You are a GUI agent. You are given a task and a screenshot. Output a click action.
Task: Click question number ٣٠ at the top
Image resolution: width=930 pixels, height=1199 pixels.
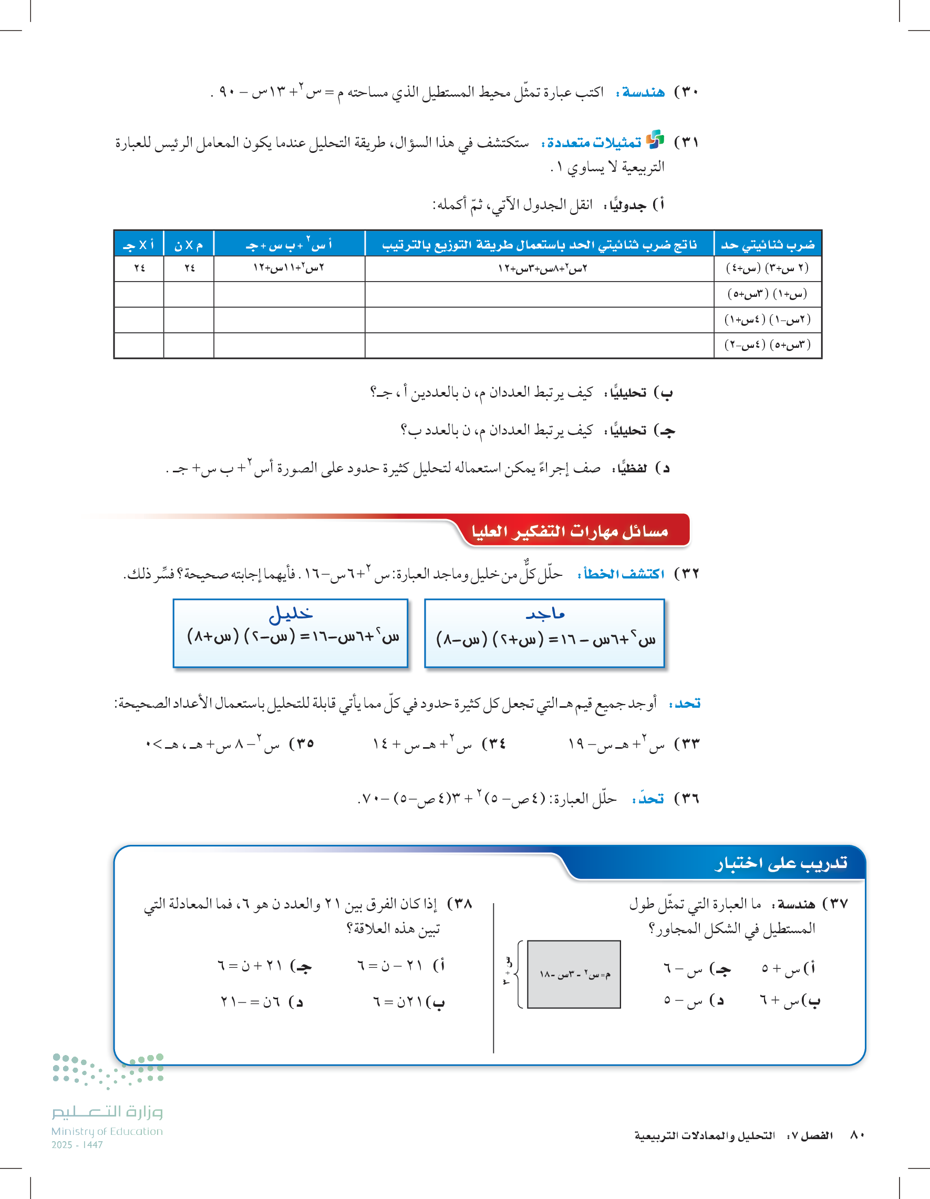click(686, 91)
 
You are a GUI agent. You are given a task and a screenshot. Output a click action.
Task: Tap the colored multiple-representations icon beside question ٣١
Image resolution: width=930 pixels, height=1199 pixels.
click(655, 140)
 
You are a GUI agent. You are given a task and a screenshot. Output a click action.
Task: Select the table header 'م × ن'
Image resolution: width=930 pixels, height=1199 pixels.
click(188, 245)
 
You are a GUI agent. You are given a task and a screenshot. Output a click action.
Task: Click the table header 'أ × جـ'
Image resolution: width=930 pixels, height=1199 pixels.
click(139, 245)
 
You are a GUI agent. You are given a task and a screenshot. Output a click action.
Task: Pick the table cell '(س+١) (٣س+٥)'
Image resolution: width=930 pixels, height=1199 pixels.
click(768, 294)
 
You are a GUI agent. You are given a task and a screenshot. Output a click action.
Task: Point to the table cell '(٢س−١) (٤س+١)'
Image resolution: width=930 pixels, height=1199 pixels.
click(768, 319)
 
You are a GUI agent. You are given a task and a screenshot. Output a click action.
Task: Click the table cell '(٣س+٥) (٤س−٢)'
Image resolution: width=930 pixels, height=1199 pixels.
click(768, 345)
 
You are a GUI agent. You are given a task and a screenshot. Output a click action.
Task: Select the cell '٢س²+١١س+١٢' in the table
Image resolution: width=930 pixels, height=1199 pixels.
click(289, 268)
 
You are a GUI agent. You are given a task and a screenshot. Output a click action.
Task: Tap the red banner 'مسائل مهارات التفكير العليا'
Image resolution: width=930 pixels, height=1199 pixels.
click(570, 531)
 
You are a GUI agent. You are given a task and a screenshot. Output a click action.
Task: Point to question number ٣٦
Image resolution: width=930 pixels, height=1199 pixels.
click(686, 799)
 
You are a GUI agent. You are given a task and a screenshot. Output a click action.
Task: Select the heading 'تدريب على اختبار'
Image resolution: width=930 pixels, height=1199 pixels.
click(780, 864)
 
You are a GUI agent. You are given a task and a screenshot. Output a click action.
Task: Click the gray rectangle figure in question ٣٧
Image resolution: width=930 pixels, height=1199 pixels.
click(574, 974)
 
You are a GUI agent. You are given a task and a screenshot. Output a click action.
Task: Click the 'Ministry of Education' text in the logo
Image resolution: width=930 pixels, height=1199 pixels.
click(107, 1131)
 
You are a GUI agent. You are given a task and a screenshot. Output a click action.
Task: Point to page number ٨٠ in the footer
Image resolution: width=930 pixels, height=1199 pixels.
click(857, 1135)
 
